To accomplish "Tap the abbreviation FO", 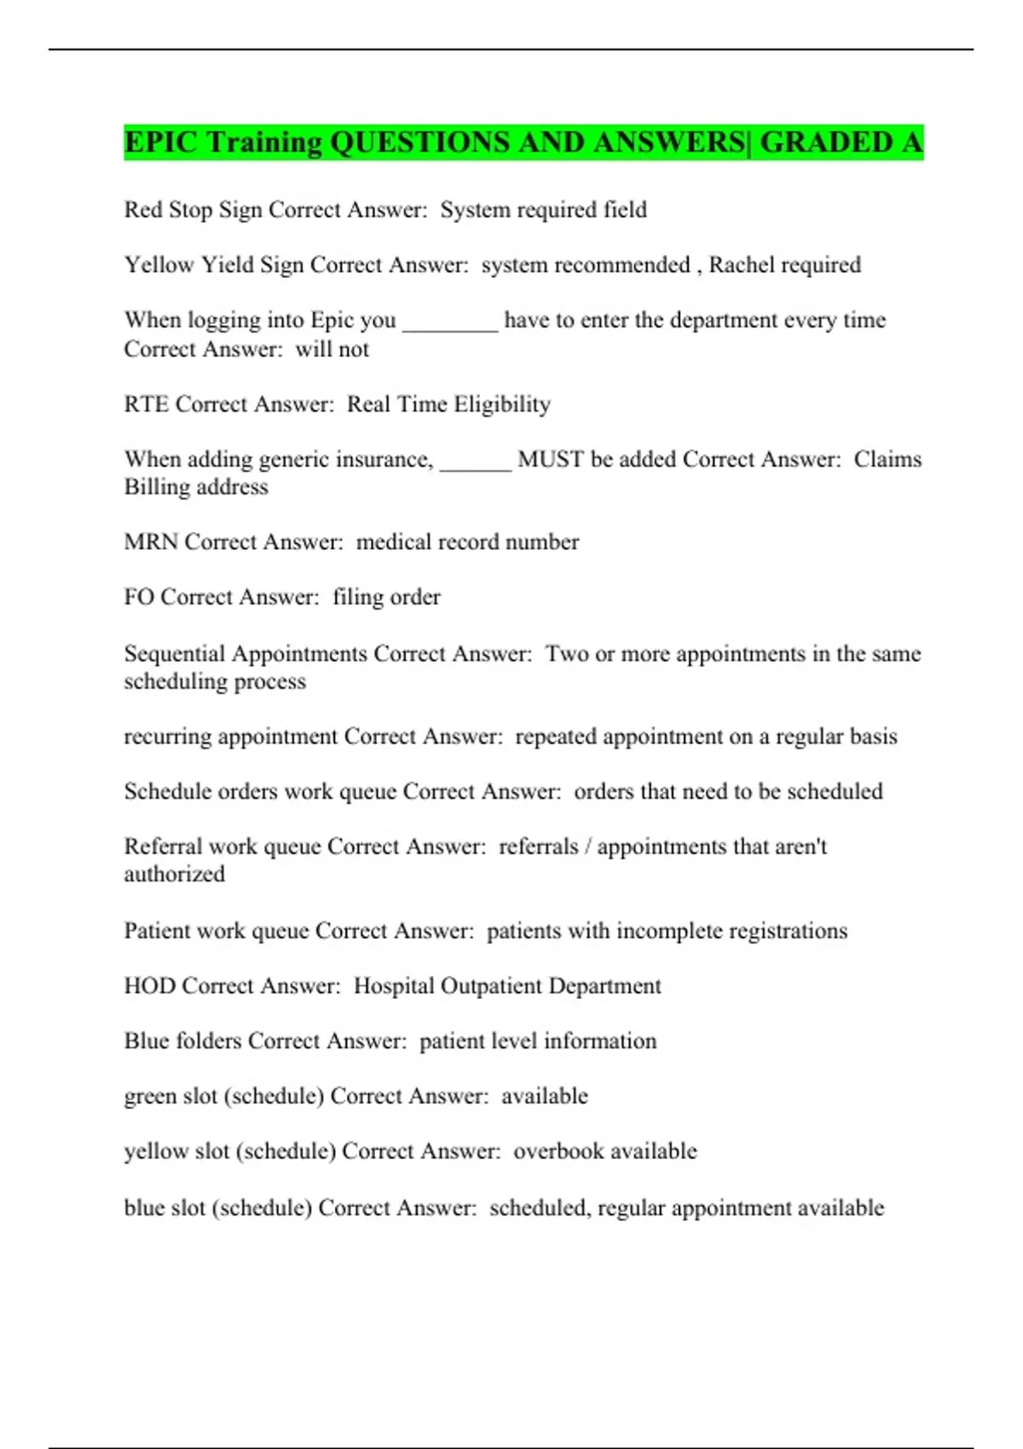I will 138,597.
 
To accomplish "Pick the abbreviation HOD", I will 149,986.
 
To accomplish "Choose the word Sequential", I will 174,654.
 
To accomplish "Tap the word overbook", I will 558,1152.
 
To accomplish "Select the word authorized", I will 174,875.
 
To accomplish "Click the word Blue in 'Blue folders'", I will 146,1042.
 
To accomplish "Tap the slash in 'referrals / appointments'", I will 587,847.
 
